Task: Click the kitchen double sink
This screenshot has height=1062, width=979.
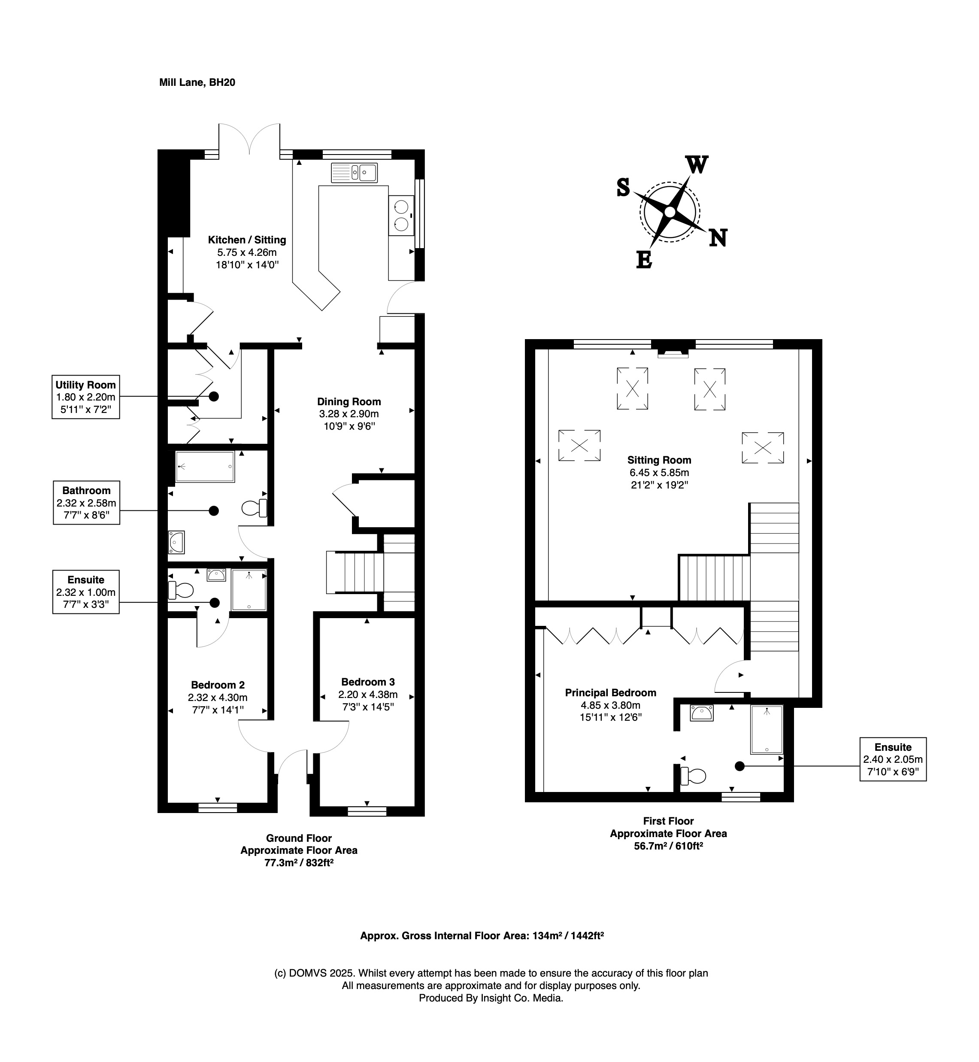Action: tap(354, 173)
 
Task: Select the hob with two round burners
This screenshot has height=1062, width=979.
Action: tap(401, 215)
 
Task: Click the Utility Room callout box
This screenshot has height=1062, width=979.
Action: tap(85, 397)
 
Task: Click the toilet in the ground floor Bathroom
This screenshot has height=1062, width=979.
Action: tap(254, 508)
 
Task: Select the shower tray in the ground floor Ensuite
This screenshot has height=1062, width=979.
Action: tap(249, 590)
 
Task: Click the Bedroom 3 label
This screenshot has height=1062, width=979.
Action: tap(368, 682)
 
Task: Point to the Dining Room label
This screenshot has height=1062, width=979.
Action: tap(349, 402)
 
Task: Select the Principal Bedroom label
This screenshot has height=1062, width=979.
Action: tap(610, 693)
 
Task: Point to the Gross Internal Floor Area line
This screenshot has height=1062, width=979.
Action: tap(482, 936)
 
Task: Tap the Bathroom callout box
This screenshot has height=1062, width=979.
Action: tap(86, 502)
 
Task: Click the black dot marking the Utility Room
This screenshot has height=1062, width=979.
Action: tap(214, 396)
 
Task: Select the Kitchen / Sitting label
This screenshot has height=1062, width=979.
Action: tap(247, 240)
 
